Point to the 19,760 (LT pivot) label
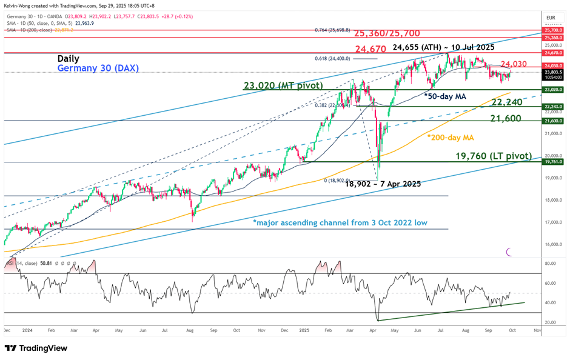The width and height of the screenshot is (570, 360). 494,156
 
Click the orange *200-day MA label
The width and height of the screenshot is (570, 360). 450,138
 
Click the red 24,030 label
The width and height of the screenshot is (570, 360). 512,64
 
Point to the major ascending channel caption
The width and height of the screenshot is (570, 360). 340,222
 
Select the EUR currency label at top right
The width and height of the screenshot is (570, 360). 551,19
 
